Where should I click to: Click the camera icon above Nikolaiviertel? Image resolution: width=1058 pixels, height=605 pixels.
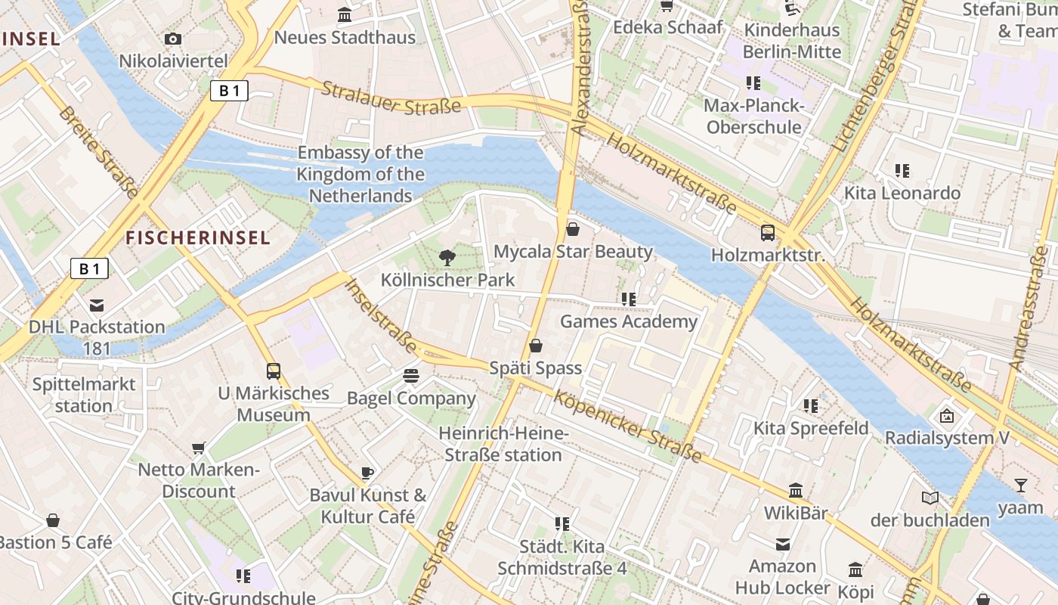(x=173, y=39)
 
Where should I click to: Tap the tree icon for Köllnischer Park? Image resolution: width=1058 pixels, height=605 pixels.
(x=447, y=257)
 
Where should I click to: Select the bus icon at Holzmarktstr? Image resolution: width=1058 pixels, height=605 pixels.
(x=768, y=232)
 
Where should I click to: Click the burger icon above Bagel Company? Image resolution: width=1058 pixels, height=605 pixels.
(x=411, y=375)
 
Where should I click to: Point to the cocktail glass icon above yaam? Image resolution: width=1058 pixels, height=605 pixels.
(x=1021, y=486)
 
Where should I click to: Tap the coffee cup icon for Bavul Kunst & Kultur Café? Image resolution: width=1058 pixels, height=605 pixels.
(x=367, y=473)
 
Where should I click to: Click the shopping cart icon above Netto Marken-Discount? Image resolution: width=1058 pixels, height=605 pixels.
(x=199, y=448)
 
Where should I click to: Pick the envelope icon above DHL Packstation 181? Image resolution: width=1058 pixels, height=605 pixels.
(x=97, y=306)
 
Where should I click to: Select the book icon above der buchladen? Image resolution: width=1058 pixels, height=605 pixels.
(x=930, y=498)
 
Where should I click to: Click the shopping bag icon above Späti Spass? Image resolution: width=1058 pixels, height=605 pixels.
(x=536, y=346)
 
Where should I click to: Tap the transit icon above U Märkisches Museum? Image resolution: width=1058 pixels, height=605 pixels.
(x=274, y=371)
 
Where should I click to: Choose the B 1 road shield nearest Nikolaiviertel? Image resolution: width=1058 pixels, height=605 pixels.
(x=229, y=92)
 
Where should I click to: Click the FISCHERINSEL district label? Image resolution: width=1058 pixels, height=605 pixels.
(x=197, y=237)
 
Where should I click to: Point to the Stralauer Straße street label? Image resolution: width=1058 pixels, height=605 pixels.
(x=391, y=98)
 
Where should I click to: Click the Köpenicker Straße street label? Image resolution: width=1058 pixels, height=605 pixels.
(x=628, y=427)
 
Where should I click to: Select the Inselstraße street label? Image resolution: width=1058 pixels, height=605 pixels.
(x=381, y=316)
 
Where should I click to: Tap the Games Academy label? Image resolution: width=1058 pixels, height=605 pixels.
(x=628, y=321)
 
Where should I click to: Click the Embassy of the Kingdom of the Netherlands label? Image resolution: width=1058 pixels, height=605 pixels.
(x=360, y=174)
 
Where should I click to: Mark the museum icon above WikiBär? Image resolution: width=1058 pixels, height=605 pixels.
(x=796, y=490)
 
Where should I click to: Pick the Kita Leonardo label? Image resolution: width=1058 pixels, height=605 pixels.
(x=902, y=193)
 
